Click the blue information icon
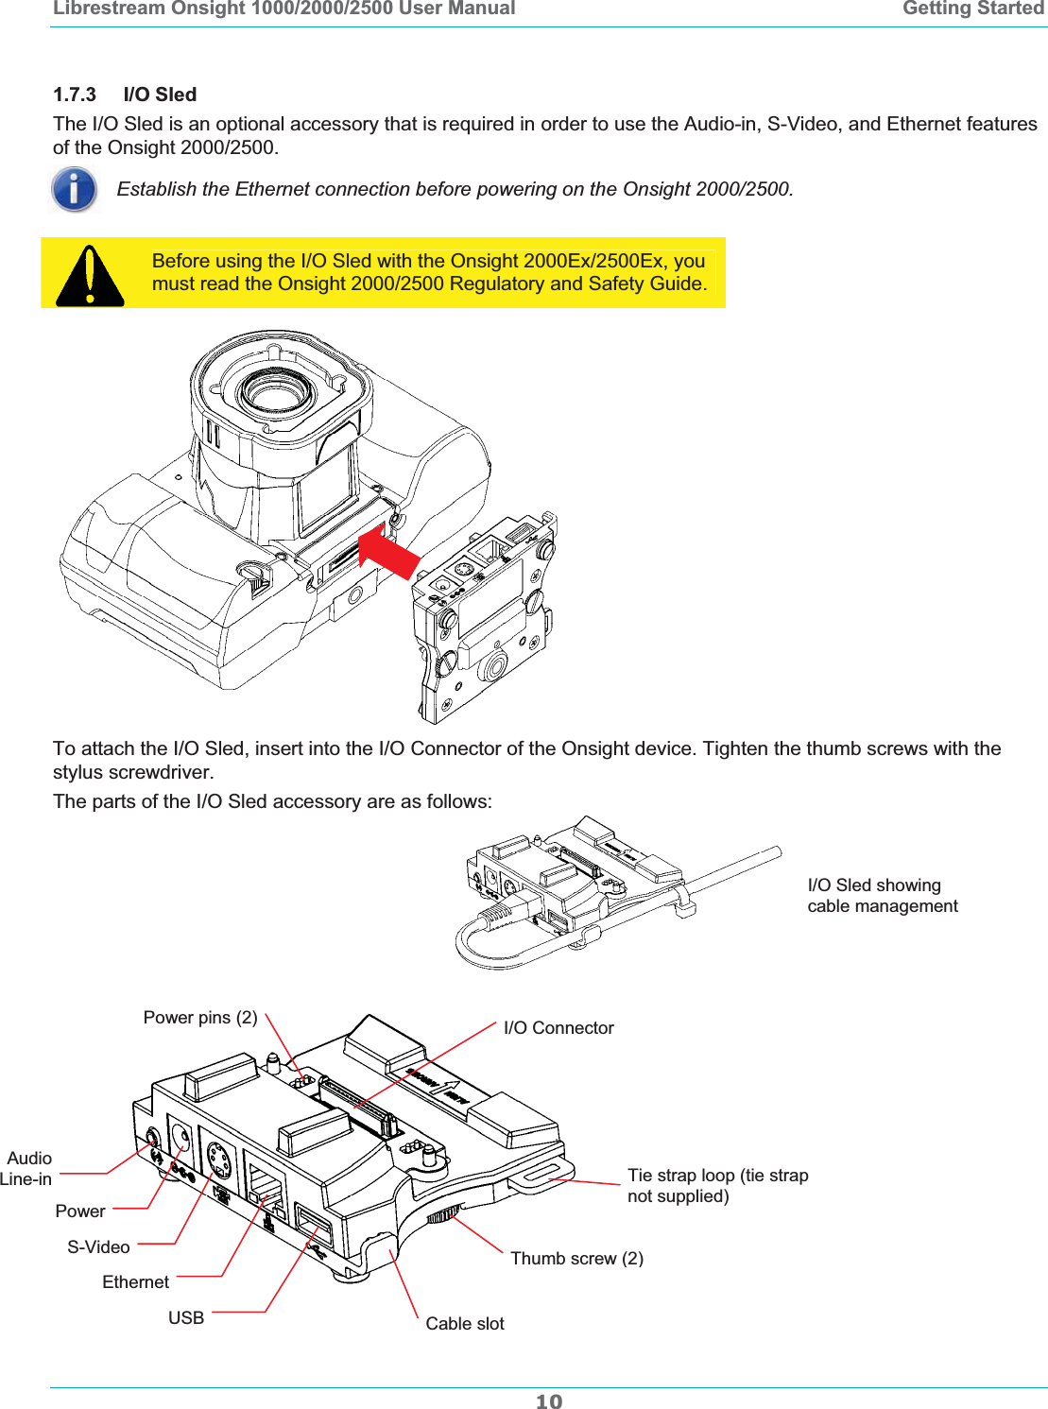(x=75, y=189)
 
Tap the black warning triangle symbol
(x=89, y=277)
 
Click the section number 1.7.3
(x=75, y=95)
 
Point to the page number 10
(x=548, y=1400)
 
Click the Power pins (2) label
(x=200, y=1017)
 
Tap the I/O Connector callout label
(x=558, y=1027)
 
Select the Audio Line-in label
(x=28, y=1168)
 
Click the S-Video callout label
(x=98, y=1246)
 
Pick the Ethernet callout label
(x=135, y=1281)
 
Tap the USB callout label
(x=186, y=1317)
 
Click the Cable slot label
(x=464, y=1323)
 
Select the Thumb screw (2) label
(x=576, y=1258)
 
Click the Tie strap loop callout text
(x=717, y=1185)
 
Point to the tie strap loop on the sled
(x=535, y=1177)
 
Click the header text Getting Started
(x=972, y=9)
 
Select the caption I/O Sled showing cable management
(x=882, y=895)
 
